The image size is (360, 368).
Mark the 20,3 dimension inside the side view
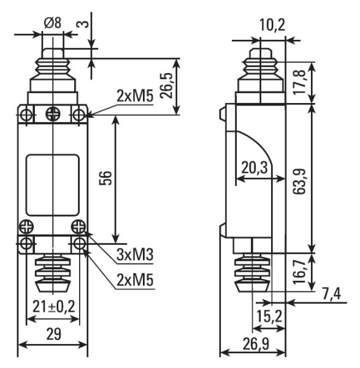pyautogui.click(x=252, y=166)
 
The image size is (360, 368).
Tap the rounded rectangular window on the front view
pyautogui.click(x=53, y=185)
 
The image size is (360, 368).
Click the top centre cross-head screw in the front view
pyautogui.click(x=53, y=113)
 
